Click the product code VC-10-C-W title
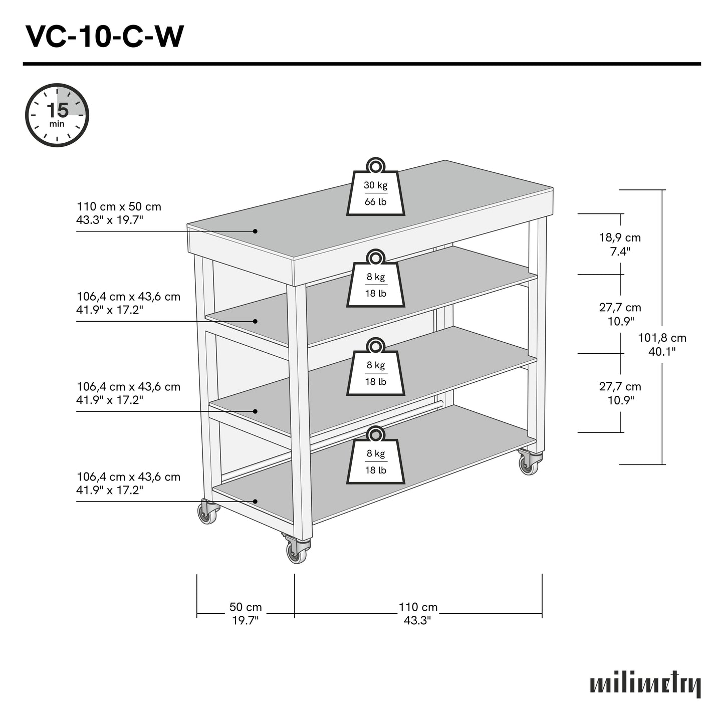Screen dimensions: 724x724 (105, 36)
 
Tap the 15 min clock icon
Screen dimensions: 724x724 (57, 115)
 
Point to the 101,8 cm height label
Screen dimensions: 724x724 (662, 344)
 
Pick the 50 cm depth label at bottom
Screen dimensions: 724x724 (246, 613)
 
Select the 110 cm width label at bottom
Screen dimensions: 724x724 (418, 613)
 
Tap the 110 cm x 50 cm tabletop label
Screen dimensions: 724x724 (119, 213)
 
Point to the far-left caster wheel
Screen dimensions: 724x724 (207, 513)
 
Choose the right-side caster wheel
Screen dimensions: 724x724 (529, 465)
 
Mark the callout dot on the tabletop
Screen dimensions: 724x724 (255, 231)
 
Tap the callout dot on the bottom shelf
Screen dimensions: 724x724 (255, 501)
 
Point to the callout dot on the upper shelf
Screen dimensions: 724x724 (255, 321)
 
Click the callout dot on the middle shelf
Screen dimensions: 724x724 (255, 411)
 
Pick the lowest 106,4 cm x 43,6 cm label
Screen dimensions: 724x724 (128, 483)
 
